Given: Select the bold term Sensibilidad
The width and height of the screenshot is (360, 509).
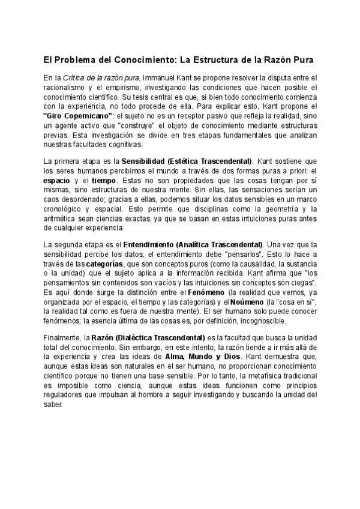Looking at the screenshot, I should [x=146, y=161].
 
